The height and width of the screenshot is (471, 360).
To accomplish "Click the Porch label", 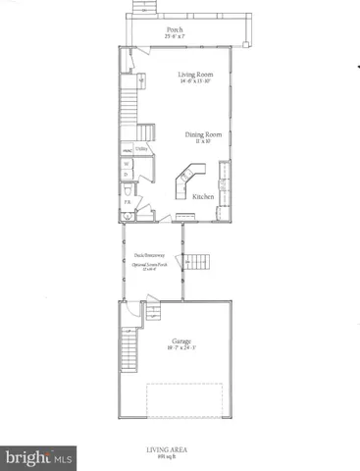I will [x=175, y=29].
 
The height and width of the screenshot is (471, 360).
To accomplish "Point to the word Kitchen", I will [x=203, y=197].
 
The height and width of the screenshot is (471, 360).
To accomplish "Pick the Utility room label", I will [x=142, y=150].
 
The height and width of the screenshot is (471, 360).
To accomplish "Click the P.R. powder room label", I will [x=127, y=201].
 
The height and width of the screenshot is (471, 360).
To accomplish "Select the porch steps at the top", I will [x=143, y=9].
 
